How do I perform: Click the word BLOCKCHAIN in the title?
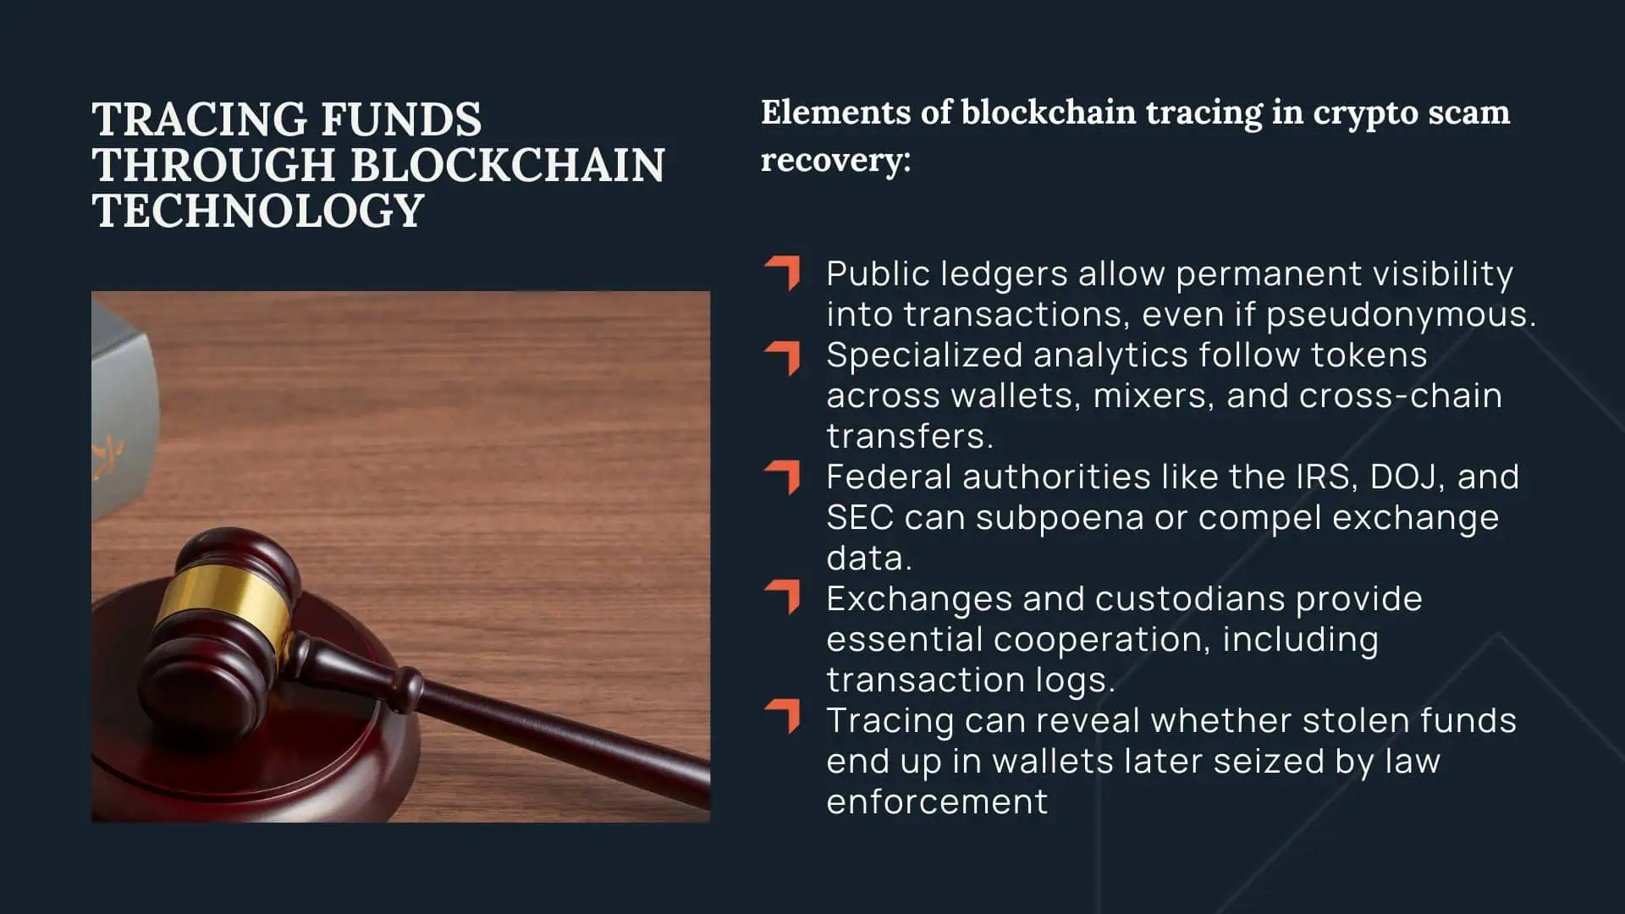click(x=508, y=165)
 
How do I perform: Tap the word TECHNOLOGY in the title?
click(x=258, y=211)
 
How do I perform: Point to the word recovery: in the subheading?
click(x=835, y=159)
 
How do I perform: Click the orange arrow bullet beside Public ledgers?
click(x=783, y=273)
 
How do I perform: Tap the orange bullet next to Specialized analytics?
click(x=783, y=357)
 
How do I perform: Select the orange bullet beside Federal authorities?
click(x=783, y=477)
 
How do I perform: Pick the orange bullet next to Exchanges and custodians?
click(x=783, y=597)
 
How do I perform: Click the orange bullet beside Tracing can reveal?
click(x=783, y=716)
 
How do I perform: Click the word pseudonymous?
click(x=1401, y=315)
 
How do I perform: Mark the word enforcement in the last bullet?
click(x=937, y=802)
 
